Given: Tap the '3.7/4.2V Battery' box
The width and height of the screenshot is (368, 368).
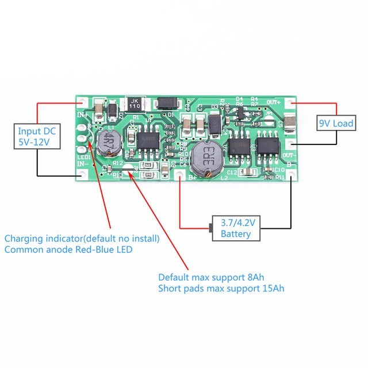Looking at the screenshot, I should coord(236,228).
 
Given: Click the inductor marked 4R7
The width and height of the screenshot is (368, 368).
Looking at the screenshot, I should coord(107,143).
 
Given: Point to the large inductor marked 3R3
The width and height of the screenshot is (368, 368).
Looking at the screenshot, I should coord(207,157).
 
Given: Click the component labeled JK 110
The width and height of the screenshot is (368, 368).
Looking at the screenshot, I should coord(135,103).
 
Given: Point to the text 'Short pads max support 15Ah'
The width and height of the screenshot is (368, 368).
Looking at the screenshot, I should coord(221,287).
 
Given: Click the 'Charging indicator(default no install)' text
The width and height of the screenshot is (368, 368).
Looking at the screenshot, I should coord(82,238).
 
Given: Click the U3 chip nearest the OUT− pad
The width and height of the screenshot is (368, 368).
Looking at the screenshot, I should coord(267,147).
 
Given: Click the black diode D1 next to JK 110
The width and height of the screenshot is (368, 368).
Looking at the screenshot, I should coord(166,103).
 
